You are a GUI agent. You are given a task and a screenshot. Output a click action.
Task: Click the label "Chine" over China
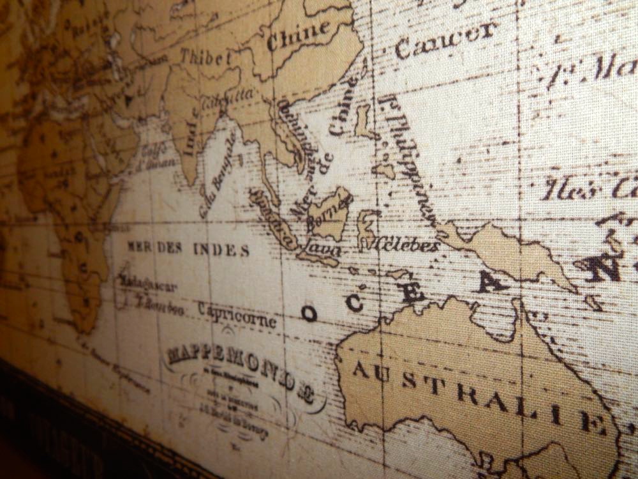pos(299,36)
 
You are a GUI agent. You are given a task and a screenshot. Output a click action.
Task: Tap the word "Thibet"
pos(205,57)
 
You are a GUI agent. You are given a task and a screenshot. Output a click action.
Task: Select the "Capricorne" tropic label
pos(237,314)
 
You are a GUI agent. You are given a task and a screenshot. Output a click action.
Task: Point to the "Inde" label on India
pos(190,134)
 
